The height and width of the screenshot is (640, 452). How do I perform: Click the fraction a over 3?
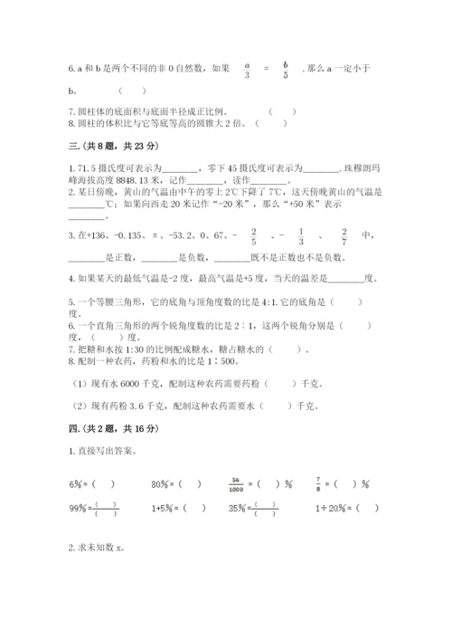pyautogui.click(x=247, y=71)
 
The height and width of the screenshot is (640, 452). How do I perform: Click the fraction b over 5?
pyautogui.click(x=285, y=71)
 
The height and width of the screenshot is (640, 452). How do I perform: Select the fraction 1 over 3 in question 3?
pyautogui.click(x=300, y=237)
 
